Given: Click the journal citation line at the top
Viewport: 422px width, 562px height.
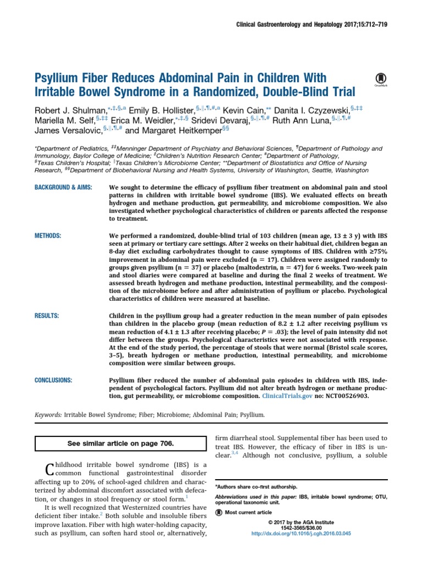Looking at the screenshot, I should (311, 25).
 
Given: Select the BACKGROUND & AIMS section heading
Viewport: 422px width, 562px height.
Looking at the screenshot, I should (63, 188).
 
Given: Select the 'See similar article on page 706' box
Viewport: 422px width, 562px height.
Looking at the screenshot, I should (120, 443).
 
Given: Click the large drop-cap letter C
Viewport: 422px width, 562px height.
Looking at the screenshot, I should (48, 470).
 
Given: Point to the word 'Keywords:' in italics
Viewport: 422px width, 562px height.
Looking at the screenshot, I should (47, 415).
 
